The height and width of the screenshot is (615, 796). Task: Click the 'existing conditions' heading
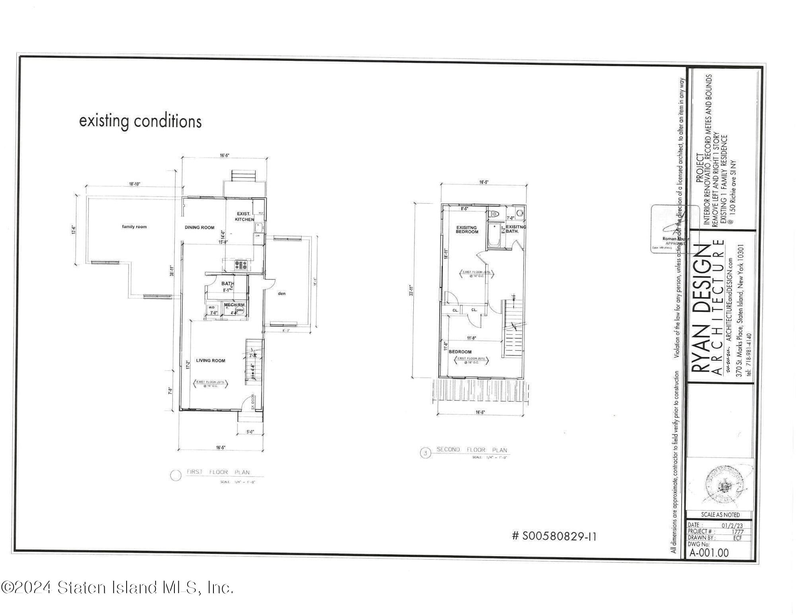[x=140, y=121]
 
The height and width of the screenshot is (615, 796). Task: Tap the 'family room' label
[x=134, y=227]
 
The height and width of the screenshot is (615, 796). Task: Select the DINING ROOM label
[x=199, y=228]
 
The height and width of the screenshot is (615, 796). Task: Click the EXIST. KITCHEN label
[x=244, y=217]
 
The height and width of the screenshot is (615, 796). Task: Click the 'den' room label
[x=282, y=294]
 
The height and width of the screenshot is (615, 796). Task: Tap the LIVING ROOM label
[x=211, y=361]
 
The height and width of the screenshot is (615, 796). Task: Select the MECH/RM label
[x=234, y=305]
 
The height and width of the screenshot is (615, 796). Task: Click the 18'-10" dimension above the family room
[x=135, y=184]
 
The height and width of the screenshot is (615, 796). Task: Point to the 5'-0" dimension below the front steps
[x=250, y=432]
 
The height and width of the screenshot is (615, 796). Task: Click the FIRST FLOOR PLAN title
[x=218, y=472]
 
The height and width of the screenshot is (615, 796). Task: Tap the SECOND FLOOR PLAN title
[x=472, y=450]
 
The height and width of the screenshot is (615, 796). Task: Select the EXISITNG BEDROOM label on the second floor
[x=467, y=230]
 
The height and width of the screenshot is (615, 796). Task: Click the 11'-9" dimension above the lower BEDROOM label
[x=471, y=338]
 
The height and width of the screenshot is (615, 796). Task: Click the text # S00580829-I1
[x=554, y=537]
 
